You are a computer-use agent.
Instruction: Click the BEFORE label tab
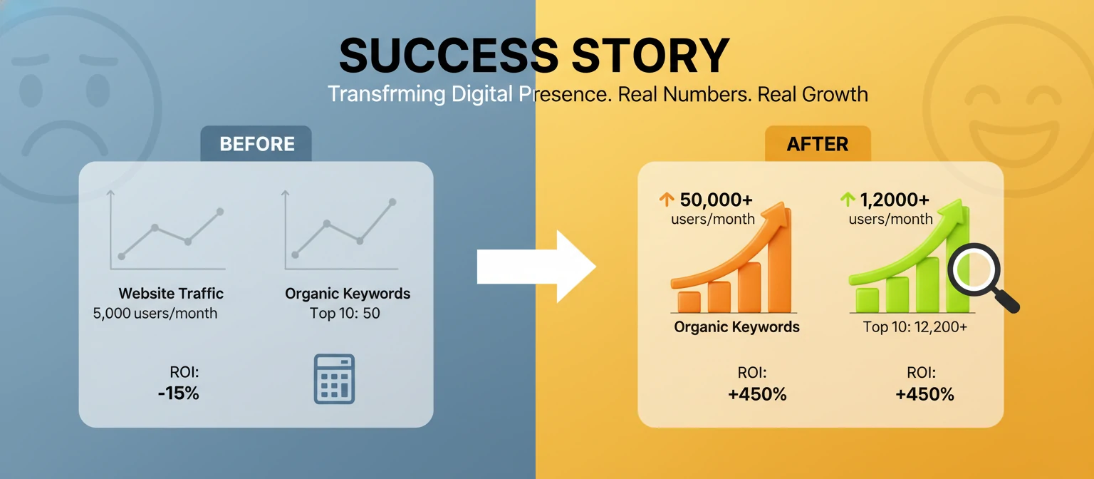click(x=256, y=144)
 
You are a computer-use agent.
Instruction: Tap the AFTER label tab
click(x=817, y=144)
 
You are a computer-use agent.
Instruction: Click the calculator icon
click(x=334, y=379)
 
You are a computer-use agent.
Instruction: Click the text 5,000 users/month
click(x=155, y=313)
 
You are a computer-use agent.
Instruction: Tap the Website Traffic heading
click(x=171, y=293)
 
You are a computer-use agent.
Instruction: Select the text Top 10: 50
click(x=345, y=313)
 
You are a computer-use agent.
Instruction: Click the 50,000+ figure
click(x=716, y=200)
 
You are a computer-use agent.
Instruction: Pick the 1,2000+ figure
click(x=895, y=200)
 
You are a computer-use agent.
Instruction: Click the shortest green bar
click(x=867, y=299)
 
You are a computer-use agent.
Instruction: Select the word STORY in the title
click(x=651, y=56)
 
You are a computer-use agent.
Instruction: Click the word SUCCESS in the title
click(x=449, y=56)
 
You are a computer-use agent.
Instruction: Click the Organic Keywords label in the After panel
click(x=736, y=327)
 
